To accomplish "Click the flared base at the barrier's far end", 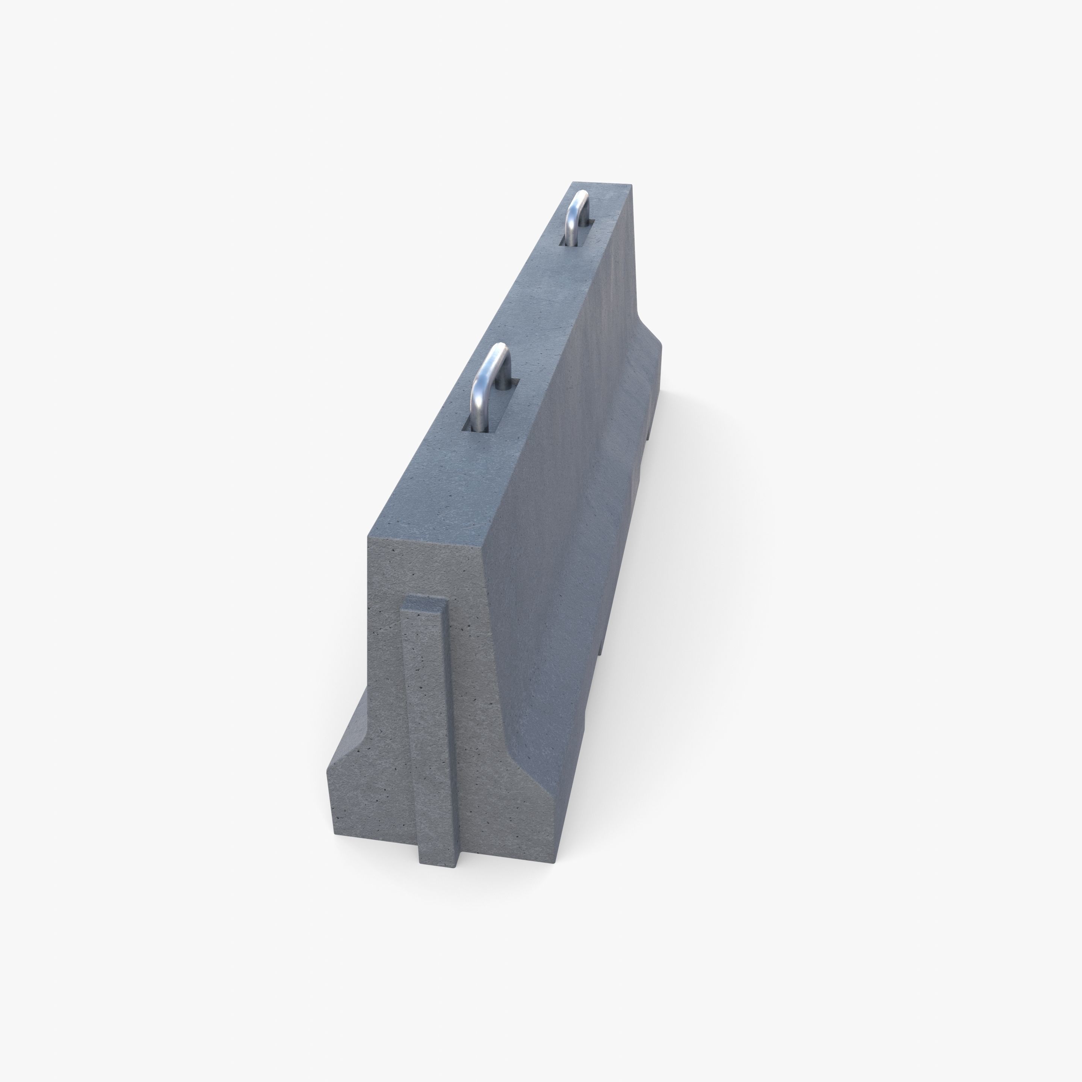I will pyautogui.click(x=653, y=381).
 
